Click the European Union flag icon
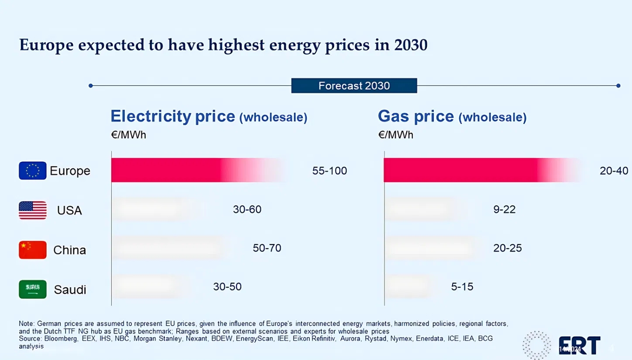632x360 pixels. [x=32, y=171]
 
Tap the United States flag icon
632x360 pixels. [x=32, y=210]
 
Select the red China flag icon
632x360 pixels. [x=32, y=250]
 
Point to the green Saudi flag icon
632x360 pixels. [x=32, y=289]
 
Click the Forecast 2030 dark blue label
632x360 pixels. [x=354, y=86]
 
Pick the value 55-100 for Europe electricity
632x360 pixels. [x=330, y=171]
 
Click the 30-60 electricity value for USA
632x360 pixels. [x=247, y=210]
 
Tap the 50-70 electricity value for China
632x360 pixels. [x=267, y=248]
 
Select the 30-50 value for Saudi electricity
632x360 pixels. [x=227, y=287]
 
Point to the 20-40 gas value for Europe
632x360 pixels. [x=614, y=171]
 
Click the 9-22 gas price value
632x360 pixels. [x=504, y=210]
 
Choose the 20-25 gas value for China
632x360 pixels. [x=507, y=248]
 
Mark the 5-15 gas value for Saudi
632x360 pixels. [x=462, y=287]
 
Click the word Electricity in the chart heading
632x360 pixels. [x=151, y=117]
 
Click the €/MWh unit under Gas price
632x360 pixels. [x=395, y=135]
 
